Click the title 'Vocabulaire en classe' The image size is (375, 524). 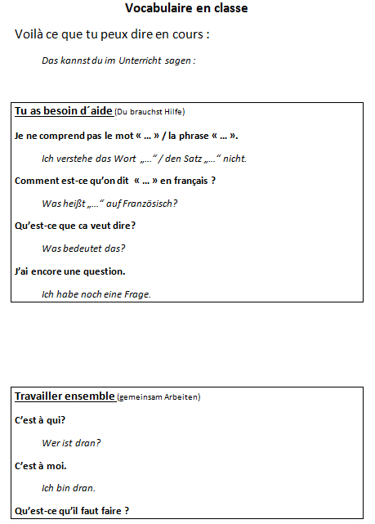(187, 8)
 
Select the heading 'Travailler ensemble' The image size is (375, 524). (65, 396)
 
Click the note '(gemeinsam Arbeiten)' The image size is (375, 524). (158, 397)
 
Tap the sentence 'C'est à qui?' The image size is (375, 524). (40, 420)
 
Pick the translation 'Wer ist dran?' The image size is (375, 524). (71, 443)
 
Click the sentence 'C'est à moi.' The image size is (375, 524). (41, 466)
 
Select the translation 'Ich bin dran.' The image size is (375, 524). (69, 489)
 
